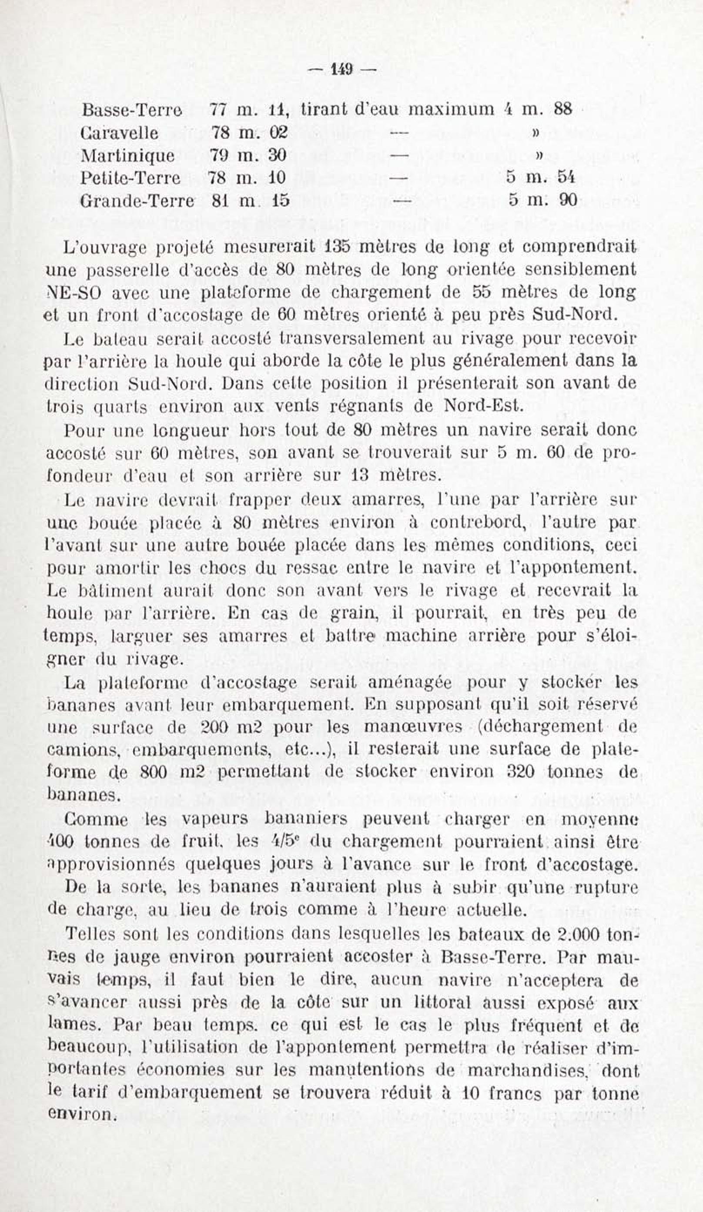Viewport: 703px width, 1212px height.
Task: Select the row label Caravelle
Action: [120, 133]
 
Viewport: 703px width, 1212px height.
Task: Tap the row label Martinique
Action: [128, 155]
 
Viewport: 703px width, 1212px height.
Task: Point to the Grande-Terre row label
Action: [137, 201]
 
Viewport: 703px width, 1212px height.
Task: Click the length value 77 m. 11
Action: [248, 110]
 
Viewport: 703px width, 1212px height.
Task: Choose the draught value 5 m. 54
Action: [540, 178]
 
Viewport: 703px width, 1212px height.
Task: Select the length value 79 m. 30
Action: [248, 155]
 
